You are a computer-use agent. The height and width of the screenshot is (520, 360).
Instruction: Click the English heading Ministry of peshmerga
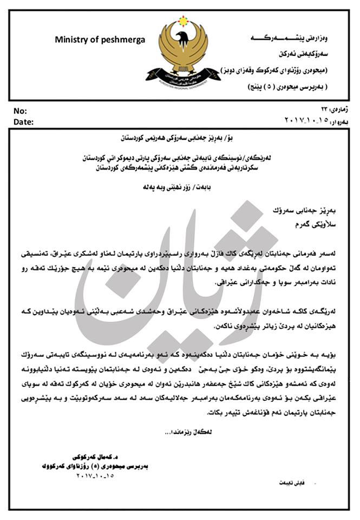[x=100, y=40]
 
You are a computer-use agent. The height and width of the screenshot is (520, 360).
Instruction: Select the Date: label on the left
[x=23, y=122]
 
